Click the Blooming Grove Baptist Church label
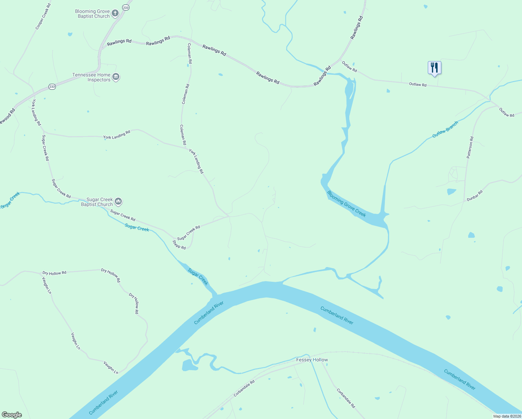[x=92, y=14]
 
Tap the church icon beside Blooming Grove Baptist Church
[x=115, y=14]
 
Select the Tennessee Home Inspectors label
[x=91, y=77]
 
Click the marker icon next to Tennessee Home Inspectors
[x=116, y=77]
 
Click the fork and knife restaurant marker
[x=434, y=68]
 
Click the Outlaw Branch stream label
[x=445, y=129]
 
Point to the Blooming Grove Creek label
[x=346, y=204]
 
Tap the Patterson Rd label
[x=470, y=148]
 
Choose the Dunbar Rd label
[x=475, y=196]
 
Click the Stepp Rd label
[x=179, y=245]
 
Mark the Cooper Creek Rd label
[x=43, y=16]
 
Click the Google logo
[x=12, y=415]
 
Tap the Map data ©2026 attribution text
[x=506, y=416]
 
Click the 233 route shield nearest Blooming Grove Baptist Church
[x=126, y=7]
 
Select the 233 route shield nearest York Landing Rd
[x=52, y=87]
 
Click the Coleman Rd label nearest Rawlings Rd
[x=189, y=53]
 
